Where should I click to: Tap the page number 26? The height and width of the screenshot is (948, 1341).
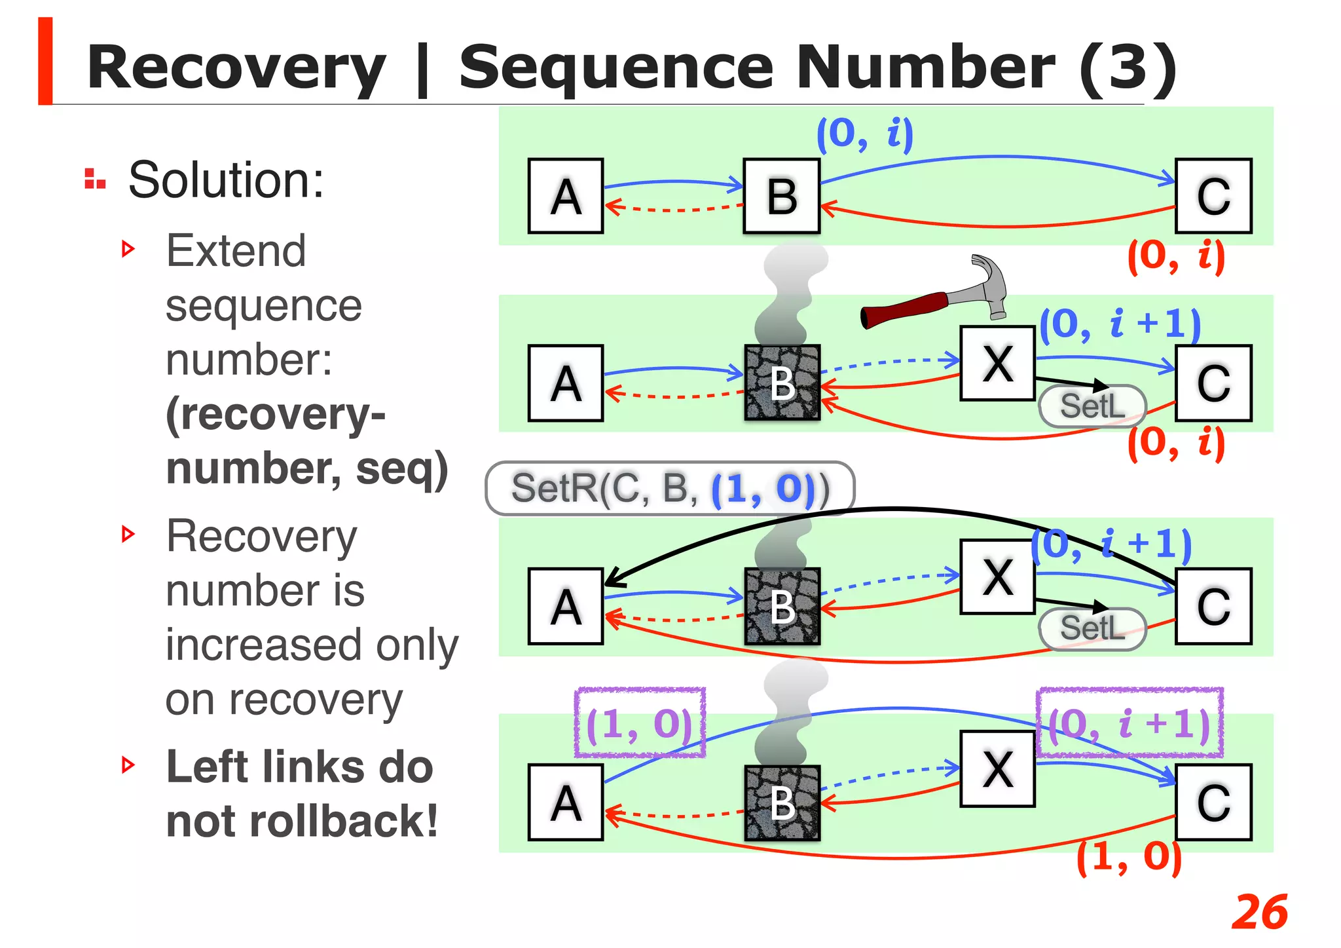[x=1258, y=912]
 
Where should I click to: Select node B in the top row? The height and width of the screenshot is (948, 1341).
[x=781, y=196]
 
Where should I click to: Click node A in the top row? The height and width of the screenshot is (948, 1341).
[x=566, y=196]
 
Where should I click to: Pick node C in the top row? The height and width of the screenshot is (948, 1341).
[x=1213, y=196]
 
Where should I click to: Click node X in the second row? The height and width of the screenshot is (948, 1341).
[x=997, y=363]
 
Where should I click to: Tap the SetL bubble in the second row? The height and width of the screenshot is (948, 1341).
[x=1092, y=406]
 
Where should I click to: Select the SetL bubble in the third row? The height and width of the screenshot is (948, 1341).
[x=1092, y=628]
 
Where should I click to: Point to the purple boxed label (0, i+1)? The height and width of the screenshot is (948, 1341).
[x=1129, y=723]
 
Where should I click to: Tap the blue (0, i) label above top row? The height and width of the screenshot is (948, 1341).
[x=864, y=134]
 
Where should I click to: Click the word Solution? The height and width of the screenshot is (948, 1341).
[x=226, y=180]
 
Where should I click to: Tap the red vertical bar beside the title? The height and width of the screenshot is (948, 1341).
[x=45, y=61]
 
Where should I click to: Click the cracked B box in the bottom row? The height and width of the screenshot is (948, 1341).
[x=782, y=803]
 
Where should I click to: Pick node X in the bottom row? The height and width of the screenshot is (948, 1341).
[x=997, y=769]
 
